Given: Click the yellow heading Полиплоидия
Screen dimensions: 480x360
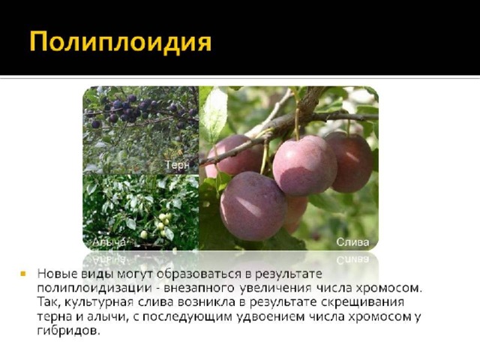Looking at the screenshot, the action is point(120,41).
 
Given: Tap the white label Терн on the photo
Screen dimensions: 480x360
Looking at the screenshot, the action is point(177,165).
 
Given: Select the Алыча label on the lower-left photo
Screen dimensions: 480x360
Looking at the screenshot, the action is point(109,242).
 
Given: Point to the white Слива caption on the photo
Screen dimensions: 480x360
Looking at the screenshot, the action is point(352,242).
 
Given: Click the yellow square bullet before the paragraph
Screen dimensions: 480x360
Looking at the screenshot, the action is point(23,273).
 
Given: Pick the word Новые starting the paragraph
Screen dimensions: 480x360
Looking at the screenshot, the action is point(57,274).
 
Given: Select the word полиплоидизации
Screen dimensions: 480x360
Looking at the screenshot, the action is point(94,289).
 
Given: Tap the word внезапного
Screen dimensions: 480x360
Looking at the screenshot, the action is point(199,288).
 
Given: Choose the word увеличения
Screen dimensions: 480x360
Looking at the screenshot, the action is point(275,288).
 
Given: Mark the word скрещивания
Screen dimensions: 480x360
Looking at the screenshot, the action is point(362,302).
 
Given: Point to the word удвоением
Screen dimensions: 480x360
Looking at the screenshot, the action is point(271,316).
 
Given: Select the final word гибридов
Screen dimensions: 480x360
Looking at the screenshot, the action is point(68,331).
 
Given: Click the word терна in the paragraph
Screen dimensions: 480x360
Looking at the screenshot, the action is point(55,316).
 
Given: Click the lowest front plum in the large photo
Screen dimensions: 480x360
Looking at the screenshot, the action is point(253,206).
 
